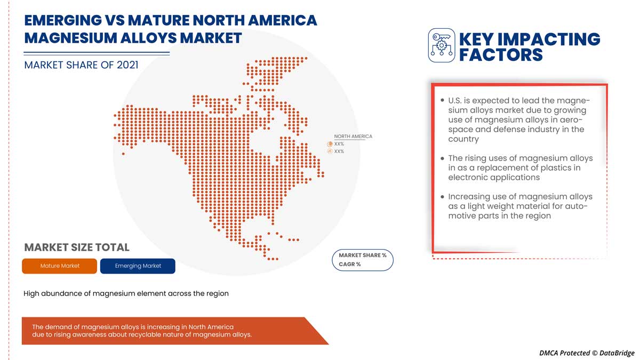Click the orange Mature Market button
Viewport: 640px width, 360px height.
point(59,266)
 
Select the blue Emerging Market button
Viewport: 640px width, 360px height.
point(138,266)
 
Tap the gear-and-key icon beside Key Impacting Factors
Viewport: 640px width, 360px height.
point(441,45)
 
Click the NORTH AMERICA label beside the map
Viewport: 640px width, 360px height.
point(353,137)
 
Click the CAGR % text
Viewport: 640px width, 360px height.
point(350,265)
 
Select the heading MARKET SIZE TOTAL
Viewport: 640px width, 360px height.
point(77,247)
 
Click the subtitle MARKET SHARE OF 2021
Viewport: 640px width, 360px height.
point(81,65)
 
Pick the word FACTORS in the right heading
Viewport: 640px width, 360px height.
point(501,54)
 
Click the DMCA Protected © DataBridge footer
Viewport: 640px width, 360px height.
point(587,353)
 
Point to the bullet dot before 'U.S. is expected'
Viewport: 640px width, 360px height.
point(442,100)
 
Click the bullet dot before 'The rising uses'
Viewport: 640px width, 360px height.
point(442,158)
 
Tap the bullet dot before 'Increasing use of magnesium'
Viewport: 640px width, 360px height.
point(442,197)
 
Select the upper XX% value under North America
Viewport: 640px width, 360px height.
point(339,144)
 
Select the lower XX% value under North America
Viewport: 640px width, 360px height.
point(339,151)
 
